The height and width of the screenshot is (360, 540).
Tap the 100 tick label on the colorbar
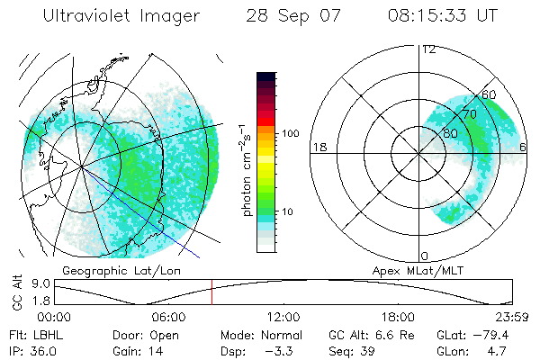(x=291, y=133)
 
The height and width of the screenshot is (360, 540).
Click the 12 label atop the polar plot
(x=428, y=49)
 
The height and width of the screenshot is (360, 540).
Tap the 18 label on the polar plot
(x=318, y=147)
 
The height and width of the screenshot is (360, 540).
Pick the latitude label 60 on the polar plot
(x=489, y=94)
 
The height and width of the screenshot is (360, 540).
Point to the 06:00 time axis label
(x=168, y=316)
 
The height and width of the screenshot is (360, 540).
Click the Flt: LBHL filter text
(x=31, y=333)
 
